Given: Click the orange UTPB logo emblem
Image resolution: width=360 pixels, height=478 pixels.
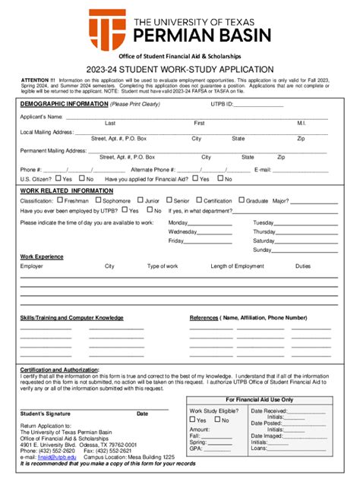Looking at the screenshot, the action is point(107,28).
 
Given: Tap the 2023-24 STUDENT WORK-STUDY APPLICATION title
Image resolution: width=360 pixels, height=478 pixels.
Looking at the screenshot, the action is point(179,69).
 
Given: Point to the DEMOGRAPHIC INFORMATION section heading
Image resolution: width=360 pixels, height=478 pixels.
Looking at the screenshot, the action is point(63,104).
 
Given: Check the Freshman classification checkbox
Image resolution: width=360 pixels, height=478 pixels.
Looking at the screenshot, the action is point(60,200).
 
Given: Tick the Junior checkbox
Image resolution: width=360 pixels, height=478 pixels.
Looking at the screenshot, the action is point(141,200).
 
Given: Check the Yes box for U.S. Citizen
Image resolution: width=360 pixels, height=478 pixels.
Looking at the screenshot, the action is point(58,179).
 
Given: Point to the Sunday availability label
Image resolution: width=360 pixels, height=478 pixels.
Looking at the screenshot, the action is point(262,250).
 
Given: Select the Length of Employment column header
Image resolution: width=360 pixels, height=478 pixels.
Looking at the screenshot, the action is point(237,266).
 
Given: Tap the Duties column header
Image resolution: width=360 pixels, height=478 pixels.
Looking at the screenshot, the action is point(303,266).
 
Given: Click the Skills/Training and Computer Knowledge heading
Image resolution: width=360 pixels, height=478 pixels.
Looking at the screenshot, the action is point(71,317).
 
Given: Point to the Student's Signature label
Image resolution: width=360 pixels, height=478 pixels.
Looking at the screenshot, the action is point(45,414).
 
